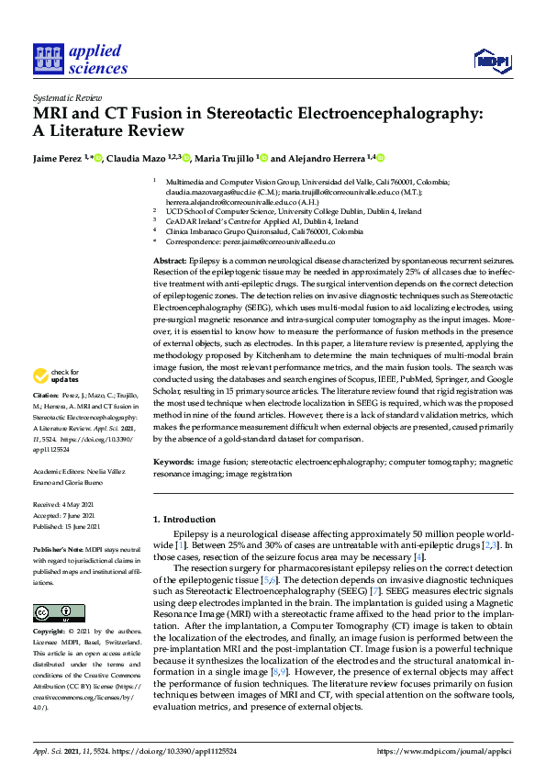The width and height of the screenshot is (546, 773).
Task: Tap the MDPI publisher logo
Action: [494, 61]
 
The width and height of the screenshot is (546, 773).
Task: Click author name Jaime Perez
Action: [57, 158]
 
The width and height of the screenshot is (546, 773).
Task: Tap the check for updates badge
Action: [54, 375]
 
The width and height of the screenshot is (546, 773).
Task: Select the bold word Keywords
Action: [173, 462]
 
